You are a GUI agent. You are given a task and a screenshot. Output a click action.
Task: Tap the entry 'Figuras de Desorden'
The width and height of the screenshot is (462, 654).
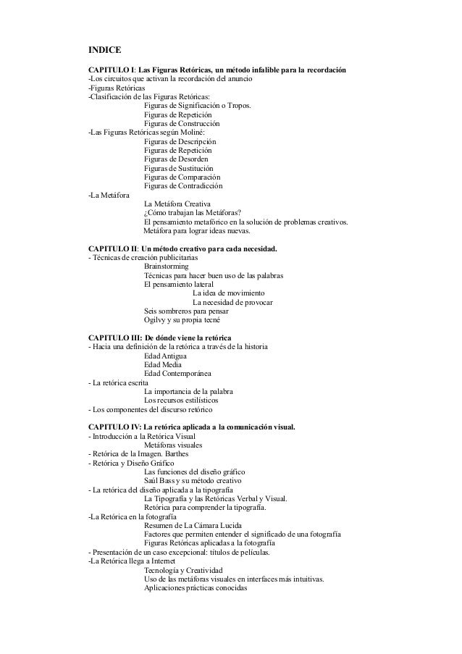(177, 159)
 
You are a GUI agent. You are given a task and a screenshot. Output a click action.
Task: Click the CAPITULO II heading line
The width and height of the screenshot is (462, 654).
(182, 250)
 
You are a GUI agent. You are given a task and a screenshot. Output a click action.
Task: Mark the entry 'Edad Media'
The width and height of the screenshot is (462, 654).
(164, 365)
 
